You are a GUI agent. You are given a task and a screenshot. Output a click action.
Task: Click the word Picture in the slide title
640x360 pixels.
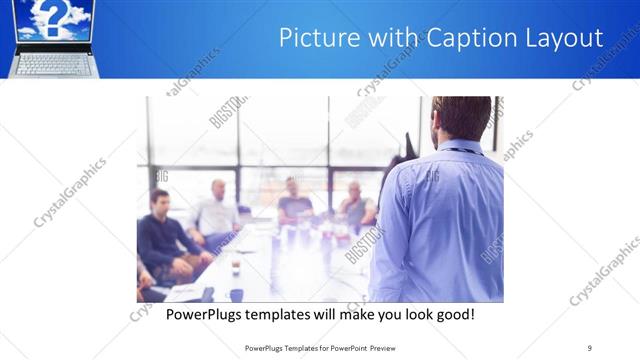[310, 39]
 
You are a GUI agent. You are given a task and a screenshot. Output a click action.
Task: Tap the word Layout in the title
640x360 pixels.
[564, 39]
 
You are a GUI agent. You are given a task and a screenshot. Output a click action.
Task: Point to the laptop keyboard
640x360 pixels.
[54, 62]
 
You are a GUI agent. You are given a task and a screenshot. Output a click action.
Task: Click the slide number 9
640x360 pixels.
[590, 347]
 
